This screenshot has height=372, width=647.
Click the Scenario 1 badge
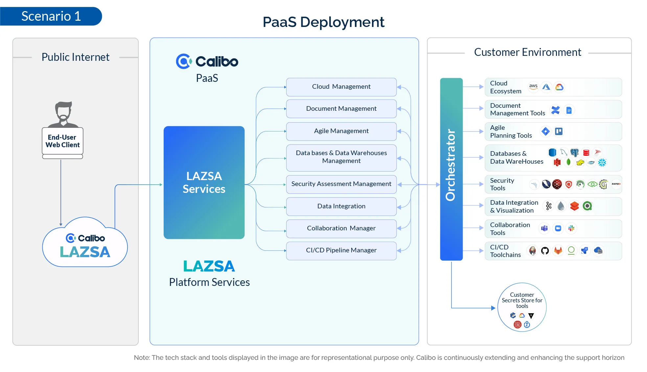(x=51, y=16)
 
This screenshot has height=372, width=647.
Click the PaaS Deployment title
(x=323, y=22)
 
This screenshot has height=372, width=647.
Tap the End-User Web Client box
(x=62, y=141)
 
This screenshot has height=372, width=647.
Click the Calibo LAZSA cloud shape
(x=85, y=245)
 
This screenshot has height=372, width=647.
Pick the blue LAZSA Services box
(x=204, y=182)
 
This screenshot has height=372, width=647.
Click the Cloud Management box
(x=341, y=87)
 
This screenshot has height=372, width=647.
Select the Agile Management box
(x=341, y=131)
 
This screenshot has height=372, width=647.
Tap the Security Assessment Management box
(x=341, y=184)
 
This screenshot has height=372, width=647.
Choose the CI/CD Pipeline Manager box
(x=341, y=250)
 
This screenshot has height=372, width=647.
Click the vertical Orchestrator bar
(x=451, y=169)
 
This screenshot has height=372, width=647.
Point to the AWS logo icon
(x=533, y=87)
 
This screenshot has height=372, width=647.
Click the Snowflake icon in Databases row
(x=602, y=162)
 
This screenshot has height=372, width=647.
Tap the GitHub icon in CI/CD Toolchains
(x=545, y=251)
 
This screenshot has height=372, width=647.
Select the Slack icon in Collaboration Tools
(x=571, y=228)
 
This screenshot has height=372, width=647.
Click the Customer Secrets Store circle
(x=522, y=307)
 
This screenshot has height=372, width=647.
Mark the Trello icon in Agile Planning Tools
(x=559, y=131)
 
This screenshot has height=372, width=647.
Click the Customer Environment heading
(x=527, y=52)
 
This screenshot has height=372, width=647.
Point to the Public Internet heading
(x=75, y=57)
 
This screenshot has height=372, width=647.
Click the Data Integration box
(x=341, y=206)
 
